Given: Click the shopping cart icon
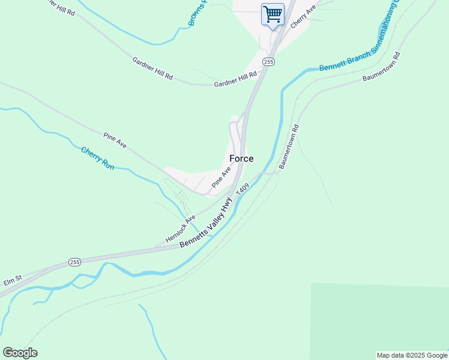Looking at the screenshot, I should pos(273,14).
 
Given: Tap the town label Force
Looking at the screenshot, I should pos(241,159).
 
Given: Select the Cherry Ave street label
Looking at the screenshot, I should pos(303,18).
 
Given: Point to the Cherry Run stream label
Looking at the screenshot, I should pos(97,157).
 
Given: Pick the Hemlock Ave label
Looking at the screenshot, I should pos(181,229).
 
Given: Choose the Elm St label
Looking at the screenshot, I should pos(13,278).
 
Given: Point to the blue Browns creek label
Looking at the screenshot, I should pos(196,13).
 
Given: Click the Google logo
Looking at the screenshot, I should pos(20,353).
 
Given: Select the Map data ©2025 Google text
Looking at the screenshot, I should pos(412,355).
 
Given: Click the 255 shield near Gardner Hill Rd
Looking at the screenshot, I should pos(268,62).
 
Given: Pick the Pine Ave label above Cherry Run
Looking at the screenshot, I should pos(115,140).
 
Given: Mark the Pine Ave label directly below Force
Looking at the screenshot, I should pos(221,178).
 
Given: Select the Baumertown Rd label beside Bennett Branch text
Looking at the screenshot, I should pos(381,70).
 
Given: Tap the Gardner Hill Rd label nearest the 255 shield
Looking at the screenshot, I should pos(235,79).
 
